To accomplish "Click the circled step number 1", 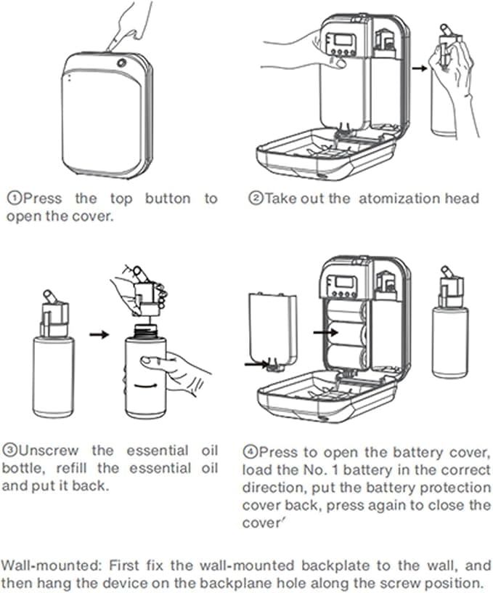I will point(13,198).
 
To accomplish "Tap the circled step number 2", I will point(255,198).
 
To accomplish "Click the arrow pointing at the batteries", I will point(322,331).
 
